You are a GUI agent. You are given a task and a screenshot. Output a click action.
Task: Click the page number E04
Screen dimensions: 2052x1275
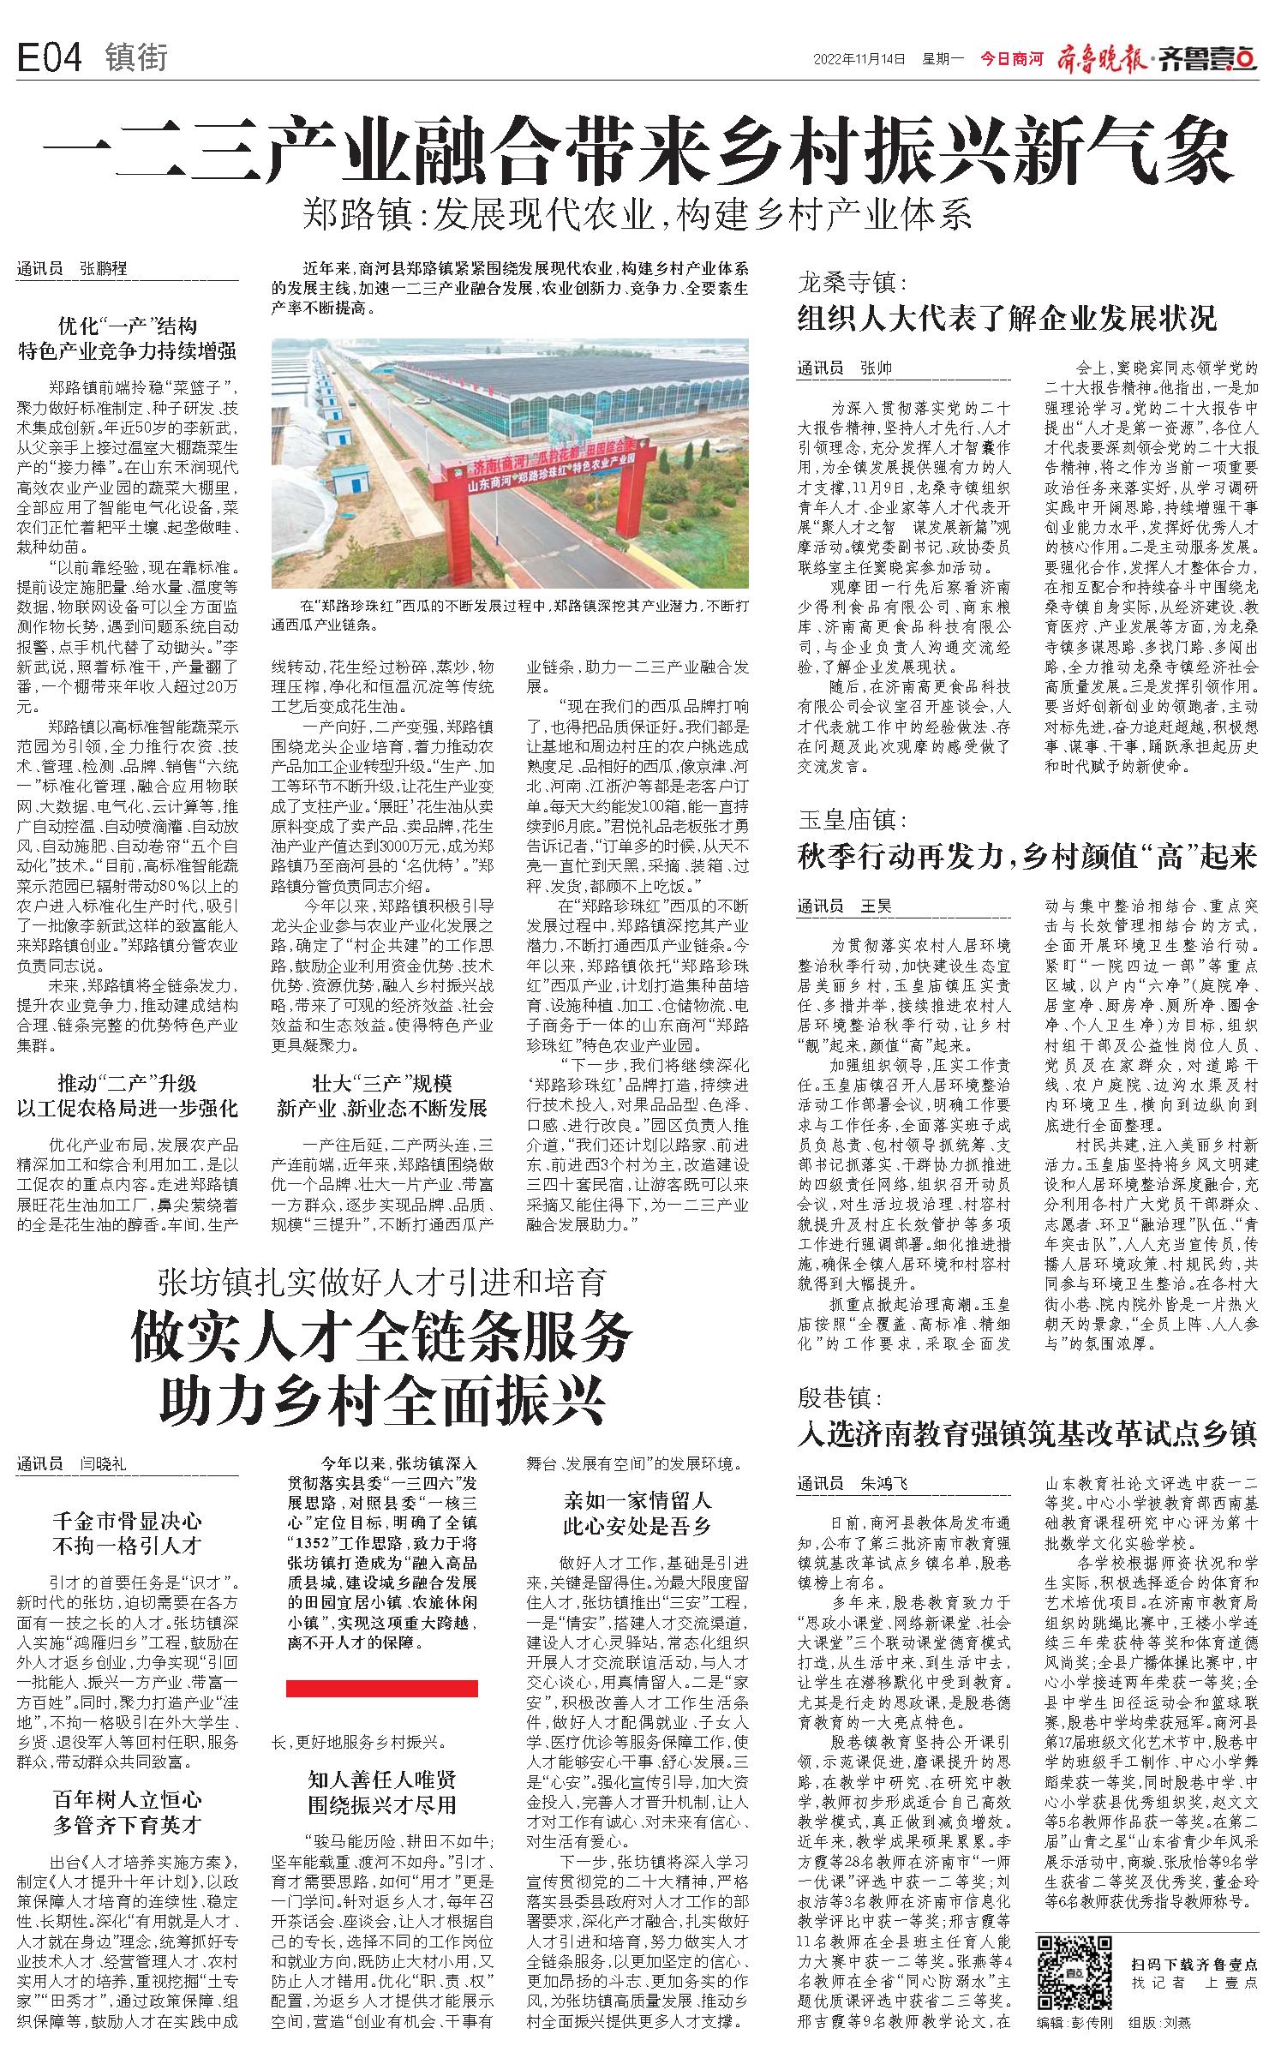(x=50, y=58)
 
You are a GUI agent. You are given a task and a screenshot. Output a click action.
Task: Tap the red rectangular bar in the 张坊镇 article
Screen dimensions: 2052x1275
(x=382, y=1688)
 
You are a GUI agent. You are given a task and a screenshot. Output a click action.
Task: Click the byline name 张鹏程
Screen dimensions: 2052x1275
(x=104, y=269)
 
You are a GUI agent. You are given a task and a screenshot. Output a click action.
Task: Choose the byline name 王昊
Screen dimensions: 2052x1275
(x=877, y=882)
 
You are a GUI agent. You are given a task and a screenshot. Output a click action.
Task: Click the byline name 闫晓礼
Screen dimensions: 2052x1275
(x=104, y=1464)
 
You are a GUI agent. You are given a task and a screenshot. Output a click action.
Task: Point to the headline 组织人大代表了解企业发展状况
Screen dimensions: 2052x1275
(x=1006, y=320)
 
